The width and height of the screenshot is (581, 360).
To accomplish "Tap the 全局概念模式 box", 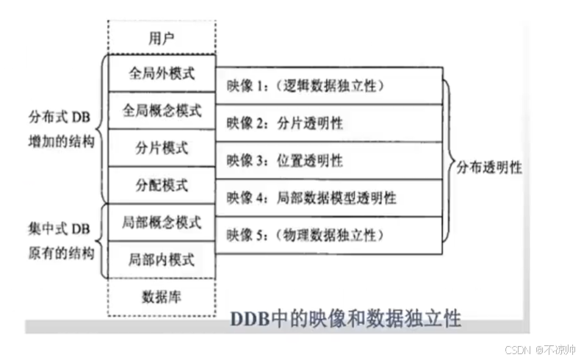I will pos(162,110).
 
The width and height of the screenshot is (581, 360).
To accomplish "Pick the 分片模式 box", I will pos(162,148).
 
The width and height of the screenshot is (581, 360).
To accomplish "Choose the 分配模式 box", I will pos(162,185).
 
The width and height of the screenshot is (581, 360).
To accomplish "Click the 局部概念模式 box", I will pos(162,222).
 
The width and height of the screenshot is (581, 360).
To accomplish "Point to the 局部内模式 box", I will pos(162,259).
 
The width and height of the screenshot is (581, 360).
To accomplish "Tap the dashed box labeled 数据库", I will pos(162,297).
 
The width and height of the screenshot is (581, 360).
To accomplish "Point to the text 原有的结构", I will pos(57,253).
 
